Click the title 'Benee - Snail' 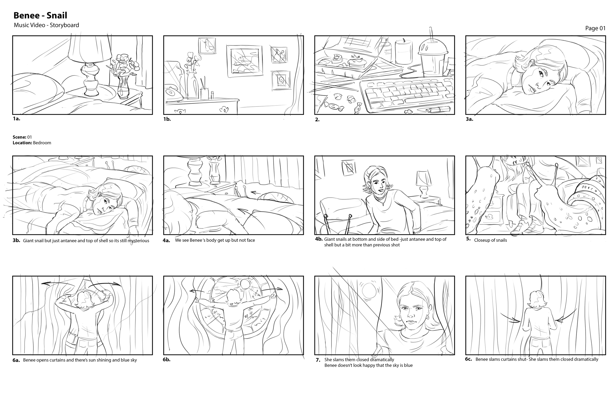pos(40,16)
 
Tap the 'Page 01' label pos(595,28)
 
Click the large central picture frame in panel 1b pos(244,61)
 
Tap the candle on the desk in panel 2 pos(404,52)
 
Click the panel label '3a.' pos(469,119)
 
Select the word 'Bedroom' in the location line pos(42,143)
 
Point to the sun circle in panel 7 pos(368,290)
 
